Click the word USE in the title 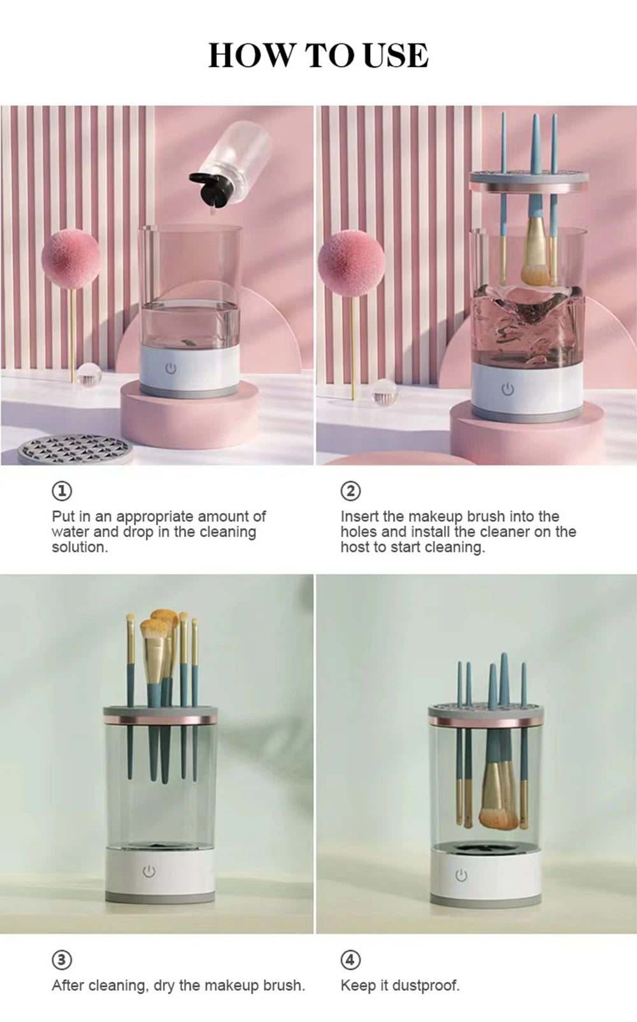pos(396,55)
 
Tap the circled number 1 pos(62,491)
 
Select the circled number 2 pos(350,491)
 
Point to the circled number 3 pos(62,960)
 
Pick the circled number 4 pos(350,960)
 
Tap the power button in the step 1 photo pos(171,369)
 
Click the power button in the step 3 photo pos(149,871)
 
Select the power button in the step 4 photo pos(461,875)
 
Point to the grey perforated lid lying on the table pos(75,449)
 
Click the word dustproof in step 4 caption pos(426,986)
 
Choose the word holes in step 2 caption pos(359,532)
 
